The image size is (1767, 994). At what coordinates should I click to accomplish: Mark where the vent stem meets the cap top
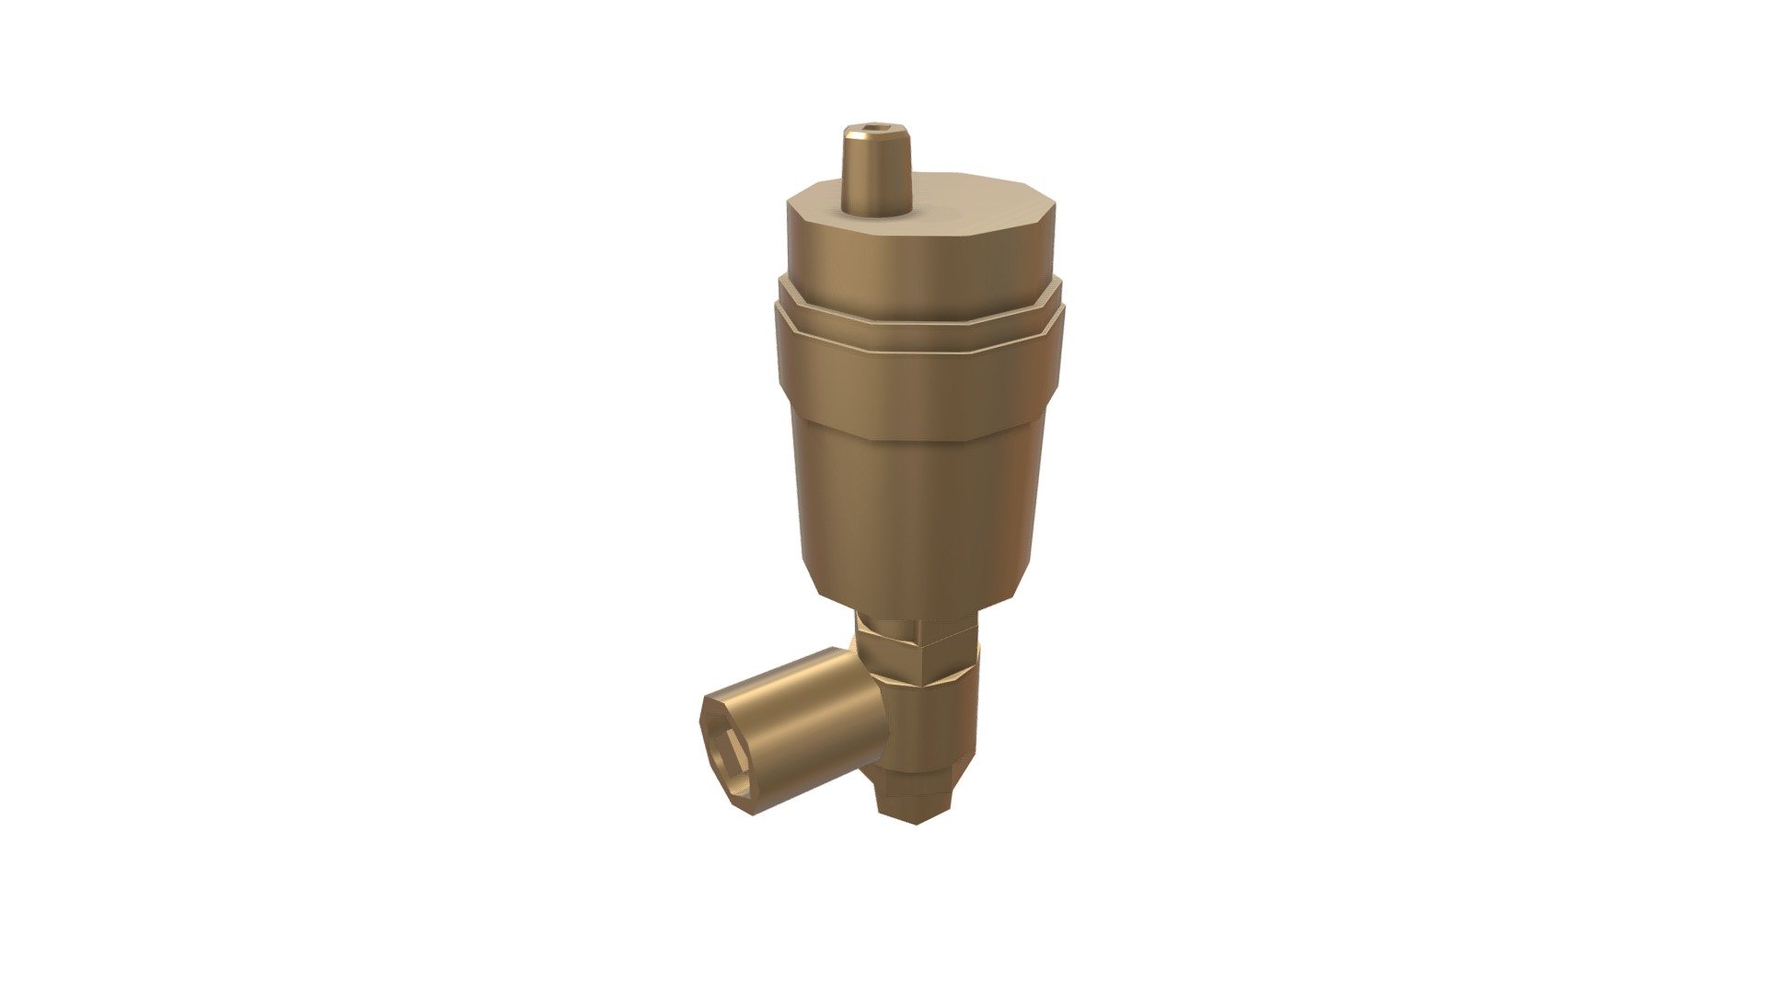(879, 214)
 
